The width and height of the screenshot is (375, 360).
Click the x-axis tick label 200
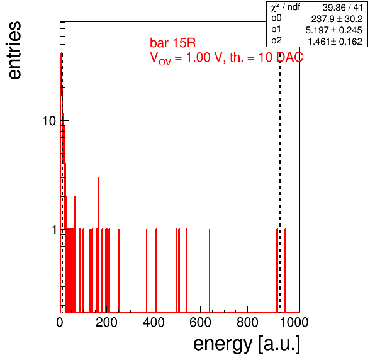click(106, 322)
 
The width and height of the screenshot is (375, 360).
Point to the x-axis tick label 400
click(154, 322)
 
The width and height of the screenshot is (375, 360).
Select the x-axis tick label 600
click(201, 322)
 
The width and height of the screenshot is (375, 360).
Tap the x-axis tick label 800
click(247, 322)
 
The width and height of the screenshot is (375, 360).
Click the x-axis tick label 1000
click(294, 322)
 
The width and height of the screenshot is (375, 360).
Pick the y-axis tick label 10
click(49, 121)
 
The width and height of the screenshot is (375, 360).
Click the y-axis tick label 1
click(54, 230)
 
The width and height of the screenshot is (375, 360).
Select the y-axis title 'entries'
click(15, 50)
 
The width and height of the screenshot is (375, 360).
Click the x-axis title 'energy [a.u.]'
click(247, 344)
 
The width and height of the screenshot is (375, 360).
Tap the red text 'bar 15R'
click(172, 43)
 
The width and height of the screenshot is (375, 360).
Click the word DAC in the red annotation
click(289, 57)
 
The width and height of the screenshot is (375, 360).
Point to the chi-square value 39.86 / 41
click(343, 8)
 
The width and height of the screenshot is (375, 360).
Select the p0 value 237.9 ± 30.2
click(337, 19)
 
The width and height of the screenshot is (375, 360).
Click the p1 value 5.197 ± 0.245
click(334, 30)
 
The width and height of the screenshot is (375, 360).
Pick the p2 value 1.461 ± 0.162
click(335, 42)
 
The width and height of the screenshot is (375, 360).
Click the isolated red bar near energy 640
click(210, 271)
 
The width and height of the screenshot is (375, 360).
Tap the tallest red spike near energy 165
click(99, 245)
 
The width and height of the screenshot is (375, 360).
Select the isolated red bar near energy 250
click(119, 271)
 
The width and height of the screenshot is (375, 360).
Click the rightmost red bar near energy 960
click(285, 271)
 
